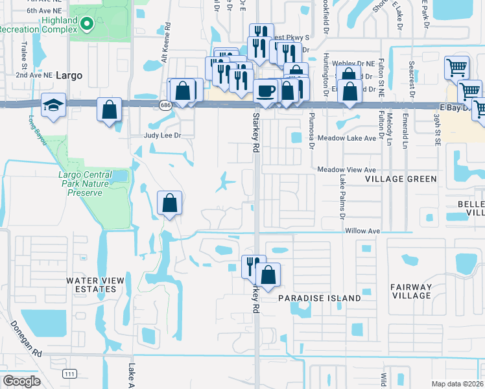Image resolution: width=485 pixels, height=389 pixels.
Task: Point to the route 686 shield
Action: click(165, 105)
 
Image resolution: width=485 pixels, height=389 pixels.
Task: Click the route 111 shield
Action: click(69, 373)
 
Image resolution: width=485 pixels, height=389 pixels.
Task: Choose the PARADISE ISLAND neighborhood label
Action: click(319, 298)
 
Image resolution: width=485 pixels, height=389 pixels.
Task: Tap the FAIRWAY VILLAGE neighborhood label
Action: click(411, 291)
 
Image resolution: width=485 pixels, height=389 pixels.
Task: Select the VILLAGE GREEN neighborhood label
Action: click(398, 178)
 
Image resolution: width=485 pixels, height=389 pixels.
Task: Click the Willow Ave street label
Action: click(362, 231)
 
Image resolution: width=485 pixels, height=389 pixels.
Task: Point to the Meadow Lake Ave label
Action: click(346, 138)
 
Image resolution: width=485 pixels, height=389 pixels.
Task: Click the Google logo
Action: click(21, 381)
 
